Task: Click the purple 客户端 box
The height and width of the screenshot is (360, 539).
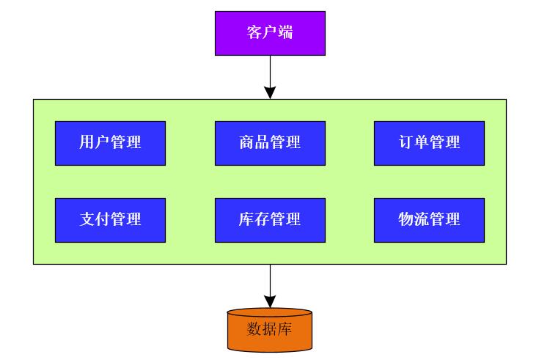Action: (x=270, y=33)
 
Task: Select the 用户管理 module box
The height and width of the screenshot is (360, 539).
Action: (x=110, y=143)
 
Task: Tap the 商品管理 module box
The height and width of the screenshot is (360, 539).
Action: (x=270, y=143)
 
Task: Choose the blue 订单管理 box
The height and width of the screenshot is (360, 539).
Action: (x=429, y=143)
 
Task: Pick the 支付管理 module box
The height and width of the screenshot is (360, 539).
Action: (x=110, y=220)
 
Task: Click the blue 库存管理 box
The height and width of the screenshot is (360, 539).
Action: (x=270, y=220)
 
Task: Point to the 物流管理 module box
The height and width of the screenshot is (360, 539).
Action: (x=429, y=220)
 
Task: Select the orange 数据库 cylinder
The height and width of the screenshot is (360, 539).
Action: (x=270, y=330)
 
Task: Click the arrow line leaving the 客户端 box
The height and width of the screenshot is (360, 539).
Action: (x=270, y=70)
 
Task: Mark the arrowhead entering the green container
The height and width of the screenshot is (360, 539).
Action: (x=270, y=92)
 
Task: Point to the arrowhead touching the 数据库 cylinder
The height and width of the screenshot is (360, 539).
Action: (x=270, y=301)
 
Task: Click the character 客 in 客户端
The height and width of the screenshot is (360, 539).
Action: (x=254, y=33)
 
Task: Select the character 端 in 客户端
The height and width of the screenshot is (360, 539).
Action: (x=285, y=33)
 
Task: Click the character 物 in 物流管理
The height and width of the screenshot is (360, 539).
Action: (x=406, y=220)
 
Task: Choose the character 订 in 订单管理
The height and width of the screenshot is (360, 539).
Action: (x=406, y=143)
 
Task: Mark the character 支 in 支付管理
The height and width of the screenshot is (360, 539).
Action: (x=87, y=220)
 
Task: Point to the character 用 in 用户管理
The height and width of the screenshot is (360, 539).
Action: (x=87, y=143)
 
